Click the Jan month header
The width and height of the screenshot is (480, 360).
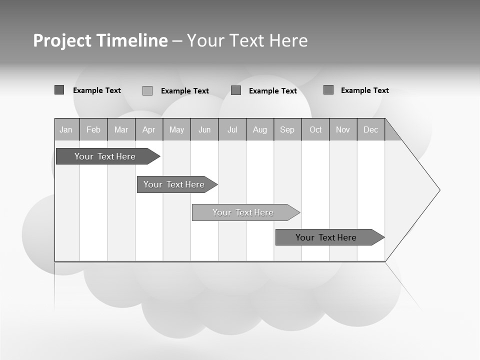pyautogui.click(x=66, y=129)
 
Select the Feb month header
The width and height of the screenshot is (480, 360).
pyautogui.click(x=93, y=129)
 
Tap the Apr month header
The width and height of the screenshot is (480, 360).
pyautogui.click(x=148, y=129)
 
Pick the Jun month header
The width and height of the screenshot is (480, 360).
pyautogui.click(x=204, y=129)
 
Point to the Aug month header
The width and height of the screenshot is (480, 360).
pyautogui.click(x=260, y=129)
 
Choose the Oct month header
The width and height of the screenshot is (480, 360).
pyautogui.click(x=315, y=129)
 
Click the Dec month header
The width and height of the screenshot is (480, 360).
pyautogui.click(x=370, y=129)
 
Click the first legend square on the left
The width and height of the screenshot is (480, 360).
pyautogui.click(x=59, y=90)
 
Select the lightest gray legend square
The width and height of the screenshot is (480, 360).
pyautogui.click(x=147, y=90)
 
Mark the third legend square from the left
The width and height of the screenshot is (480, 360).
pyautogui.click(x=236, y=90)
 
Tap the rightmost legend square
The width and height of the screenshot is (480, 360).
pyautogui.click(x=328, y=90)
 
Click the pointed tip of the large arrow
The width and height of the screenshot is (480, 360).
pyautogui.click(x=438, y=190)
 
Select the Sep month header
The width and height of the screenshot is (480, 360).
pyautogui.click(x=287, y=129)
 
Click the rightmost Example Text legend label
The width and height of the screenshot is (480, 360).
pyautogui.click(x=364, y=90)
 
